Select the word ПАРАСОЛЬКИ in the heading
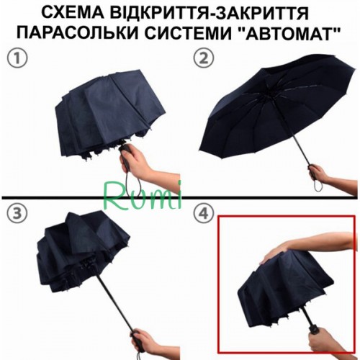[x=78, y=33]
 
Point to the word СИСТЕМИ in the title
[x=186, y=33]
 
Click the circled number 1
[x=17, y=59]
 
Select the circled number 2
[x=204, y=59]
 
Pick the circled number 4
[x=204, y=214]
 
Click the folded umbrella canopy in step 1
[x=108, y=115]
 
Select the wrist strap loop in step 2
[x=318, y=186]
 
